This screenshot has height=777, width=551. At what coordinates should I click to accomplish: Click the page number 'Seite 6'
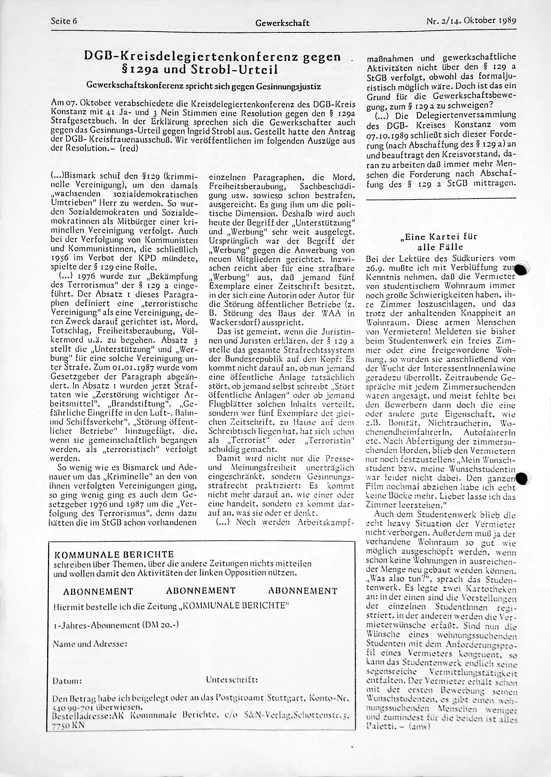64,21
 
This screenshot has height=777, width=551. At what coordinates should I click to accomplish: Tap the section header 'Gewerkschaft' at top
282,23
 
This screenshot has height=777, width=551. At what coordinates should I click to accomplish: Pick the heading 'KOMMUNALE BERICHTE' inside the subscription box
114,555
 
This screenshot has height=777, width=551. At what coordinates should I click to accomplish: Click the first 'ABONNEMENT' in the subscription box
98,591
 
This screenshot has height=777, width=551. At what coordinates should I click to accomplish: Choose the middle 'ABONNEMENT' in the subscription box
201,591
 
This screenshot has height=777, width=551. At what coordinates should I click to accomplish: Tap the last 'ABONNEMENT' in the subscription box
303,591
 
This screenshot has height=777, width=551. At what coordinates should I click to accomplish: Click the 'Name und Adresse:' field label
90,644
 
